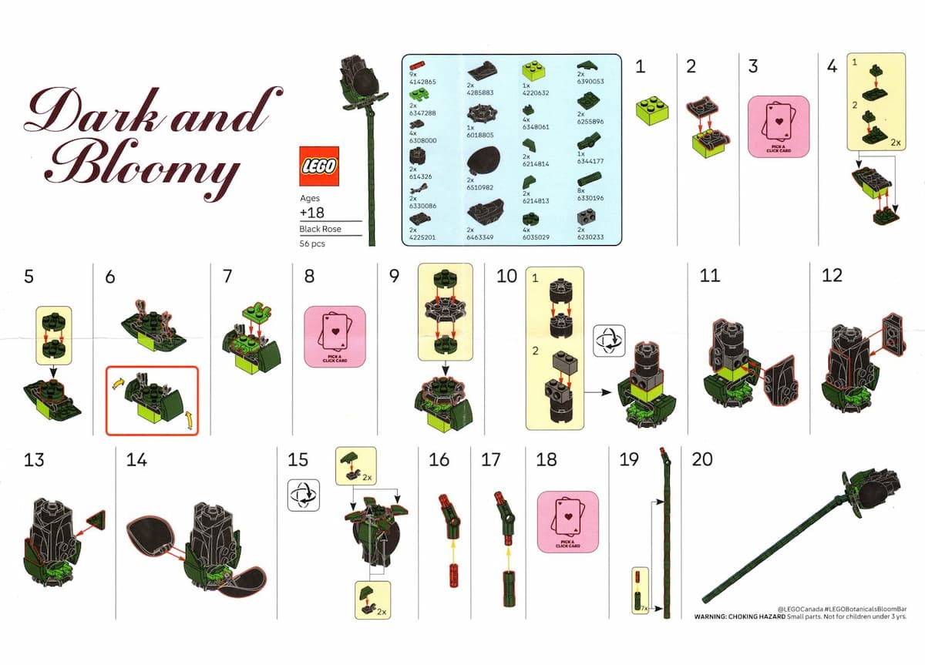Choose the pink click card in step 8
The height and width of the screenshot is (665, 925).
click(334, 337)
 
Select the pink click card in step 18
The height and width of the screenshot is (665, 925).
click(567, 522)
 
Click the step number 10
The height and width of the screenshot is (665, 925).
click(506, 276)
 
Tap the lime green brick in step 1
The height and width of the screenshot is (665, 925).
click(651, 113)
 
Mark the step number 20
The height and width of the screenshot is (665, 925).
click(702, 459)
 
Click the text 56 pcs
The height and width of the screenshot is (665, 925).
click(312, 243)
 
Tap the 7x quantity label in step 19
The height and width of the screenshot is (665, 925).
click(644, 608)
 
